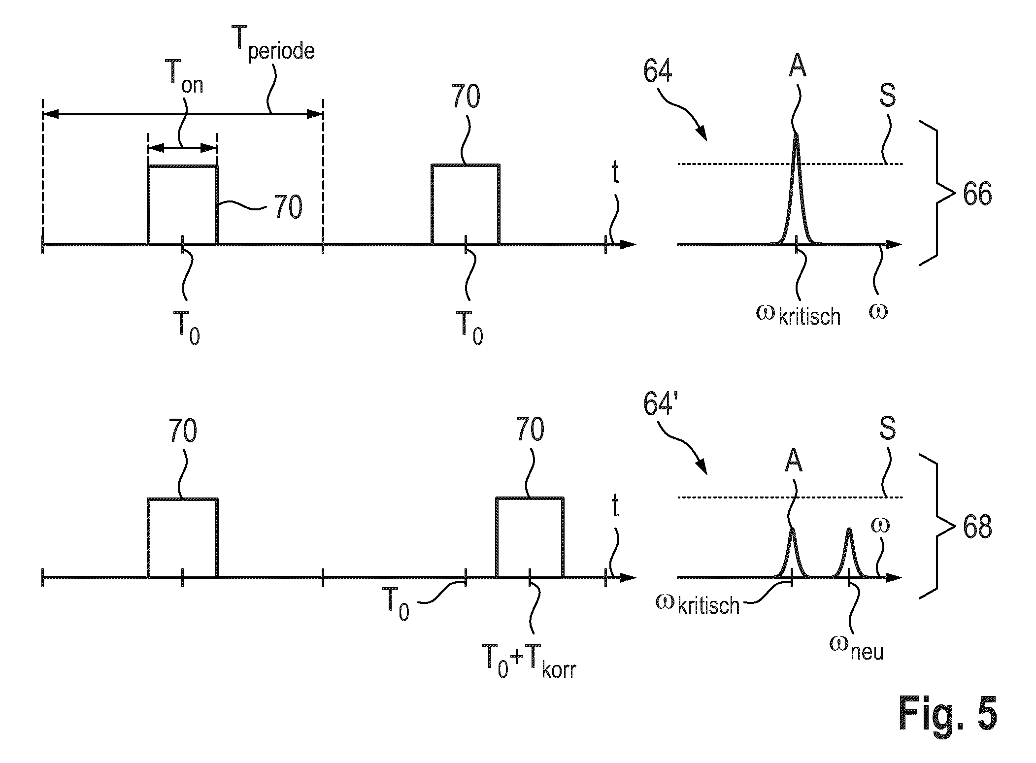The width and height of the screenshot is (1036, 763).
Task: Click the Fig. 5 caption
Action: [x=947, y=712]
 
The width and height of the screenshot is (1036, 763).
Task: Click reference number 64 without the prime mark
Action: [x=657, y=70]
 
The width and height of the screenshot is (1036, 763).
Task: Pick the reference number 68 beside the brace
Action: [x=977, y=528]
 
